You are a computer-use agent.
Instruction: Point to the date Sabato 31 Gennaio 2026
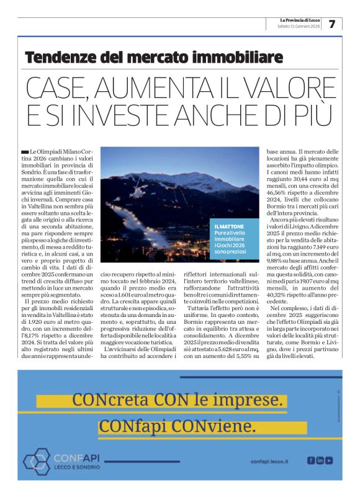click(299, 27)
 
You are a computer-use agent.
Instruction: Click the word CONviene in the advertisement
click(221, 428)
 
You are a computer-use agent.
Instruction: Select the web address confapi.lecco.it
click(271, 461)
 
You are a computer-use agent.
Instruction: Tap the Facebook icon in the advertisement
click(310, 460)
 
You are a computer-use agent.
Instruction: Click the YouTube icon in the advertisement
click(329, 460)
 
